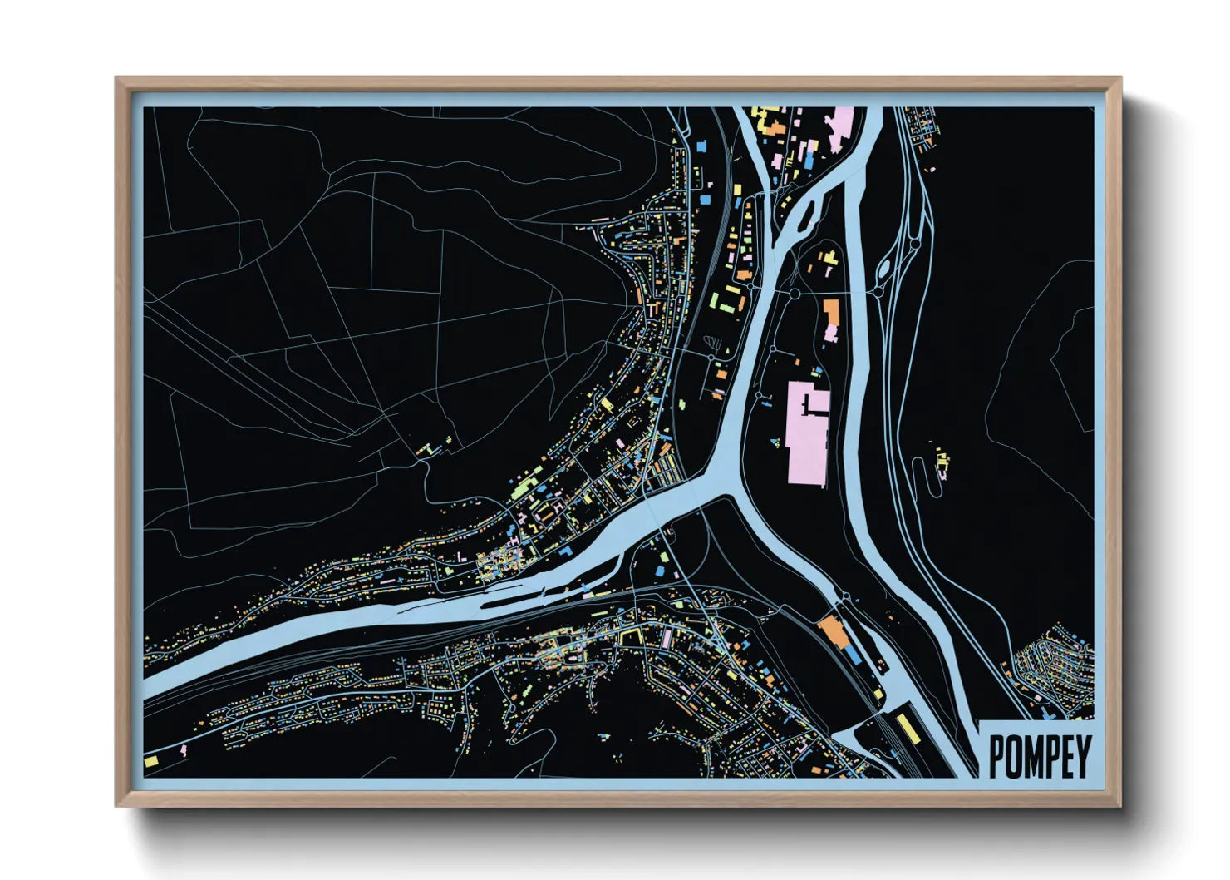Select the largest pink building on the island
click(806, 433)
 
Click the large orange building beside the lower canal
click(834, 631)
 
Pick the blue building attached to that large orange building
click(853, 655)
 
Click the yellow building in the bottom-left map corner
click(151, 760)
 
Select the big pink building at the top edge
click(841, 129)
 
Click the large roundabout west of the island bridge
click(795, 294)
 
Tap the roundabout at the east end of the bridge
click(876, 293)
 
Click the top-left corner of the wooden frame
click(117, 79)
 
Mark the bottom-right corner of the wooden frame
click(1119, 804)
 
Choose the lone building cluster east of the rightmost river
click(942, 462)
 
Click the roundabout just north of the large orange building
click(844, 600)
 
